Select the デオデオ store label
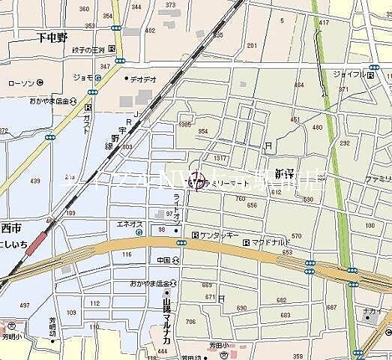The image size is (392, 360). [x=142, y=78]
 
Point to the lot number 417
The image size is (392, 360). [x=324, y=23]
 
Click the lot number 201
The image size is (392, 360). [x=252, y=46]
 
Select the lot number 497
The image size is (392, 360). [x=25, y=306]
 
